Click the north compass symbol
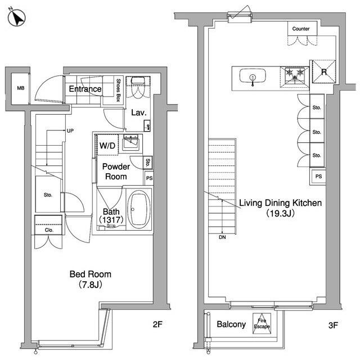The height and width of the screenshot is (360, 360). coord(16,17)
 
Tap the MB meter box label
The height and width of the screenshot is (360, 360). coord(21,88)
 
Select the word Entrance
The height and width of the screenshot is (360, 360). coord(85,89)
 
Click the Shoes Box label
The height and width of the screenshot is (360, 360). coord(119,90)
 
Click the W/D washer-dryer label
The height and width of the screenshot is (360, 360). coord(107,145)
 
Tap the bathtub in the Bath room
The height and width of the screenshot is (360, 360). coord(139,209)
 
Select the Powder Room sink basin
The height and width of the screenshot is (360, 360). coord(130,142)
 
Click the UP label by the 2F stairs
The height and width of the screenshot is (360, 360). coord(70,131)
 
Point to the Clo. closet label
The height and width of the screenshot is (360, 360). coord(49,230)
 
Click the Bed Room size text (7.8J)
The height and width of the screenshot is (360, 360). coord(90,285)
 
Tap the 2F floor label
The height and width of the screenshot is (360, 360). coord(157,324)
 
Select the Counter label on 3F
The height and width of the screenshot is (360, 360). coord(301,29)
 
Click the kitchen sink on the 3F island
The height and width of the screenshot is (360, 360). coord(253,76)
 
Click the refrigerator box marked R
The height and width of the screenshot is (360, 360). coord(324,71)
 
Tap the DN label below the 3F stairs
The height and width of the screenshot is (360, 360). coord(222,237)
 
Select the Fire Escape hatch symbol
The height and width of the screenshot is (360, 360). coord(262,323)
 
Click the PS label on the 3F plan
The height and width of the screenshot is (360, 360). coord(319,177)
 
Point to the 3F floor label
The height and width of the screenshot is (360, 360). coord(333,325)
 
